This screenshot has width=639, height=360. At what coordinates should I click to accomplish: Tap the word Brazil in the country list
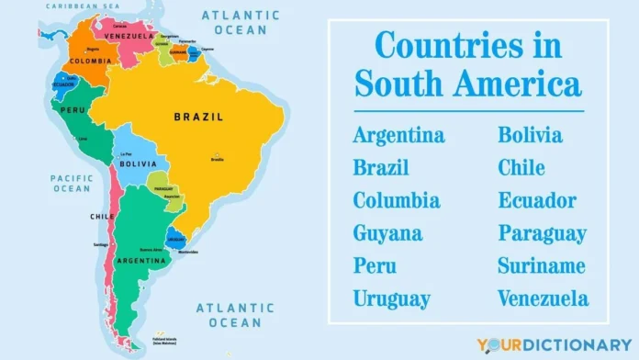(x=381, y=168)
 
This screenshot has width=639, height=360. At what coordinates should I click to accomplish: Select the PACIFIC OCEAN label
(x=71, y=183)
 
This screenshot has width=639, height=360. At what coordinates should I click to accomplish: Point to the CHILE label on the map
(x=102, y=217)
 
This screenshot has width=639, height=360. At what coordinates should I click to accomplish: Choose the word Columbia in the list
(x=397, y=200)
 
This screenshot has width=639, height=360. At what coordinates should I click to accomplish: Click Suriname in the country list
(x=542, y=265)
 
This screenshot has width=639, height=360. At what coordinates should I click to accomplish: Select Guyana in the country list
(x=387, y=233)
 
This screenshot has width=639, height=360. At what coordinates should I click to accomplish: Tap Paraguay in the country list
(x=542, y=233)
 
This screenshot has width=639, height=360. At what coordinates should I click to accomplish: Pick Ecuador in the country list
(x=537, y=200)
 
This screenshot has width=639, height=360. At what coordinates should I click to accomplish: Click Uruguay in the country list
(x=391, y=298)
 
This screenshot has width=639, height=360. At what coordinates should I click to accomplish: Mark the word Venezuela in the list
(x=544, y=298)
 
